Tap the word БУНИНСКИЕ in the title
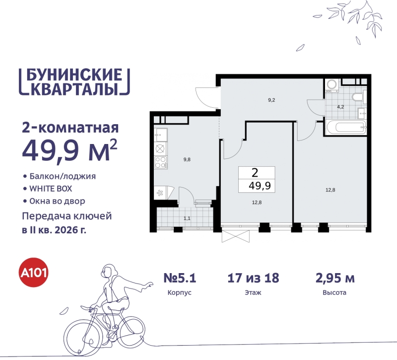tap(73, 74)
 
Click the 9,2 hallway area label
tap(271, 100)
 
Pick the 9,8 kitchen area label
tap(187, 159)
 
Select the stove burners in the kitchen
tap(160, 161)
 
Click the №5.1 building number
tap(180, 278)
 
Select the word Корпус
tap(180, 293)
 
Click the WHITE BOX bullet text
tap(53, 189)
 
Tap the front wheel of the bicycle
tap(80, 334)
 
